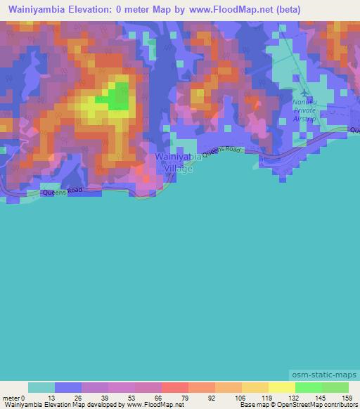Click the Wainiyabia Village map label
coord(173,163)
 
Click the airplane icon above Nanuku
coord(304,92)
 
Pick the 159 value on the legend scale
coord(347,397)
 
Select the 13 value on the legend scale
coord(55,397)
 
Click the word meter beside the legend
coord(12,397)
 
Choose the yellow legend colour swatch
coord(281,387)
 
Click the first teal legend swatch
coord(41,387)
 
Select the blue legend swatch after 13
coord(68,387)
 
